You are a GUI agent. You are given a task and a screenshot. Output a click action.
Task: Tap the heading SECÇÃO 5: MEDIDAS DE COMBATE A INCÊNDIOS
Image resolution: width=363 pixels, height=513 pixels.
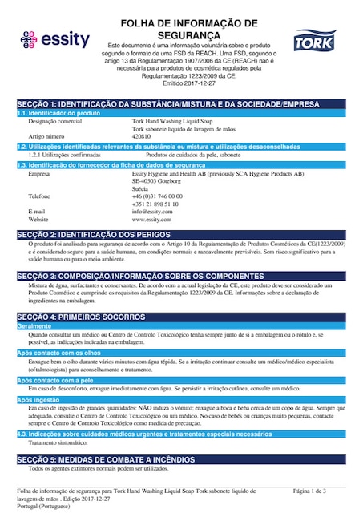point(111,459)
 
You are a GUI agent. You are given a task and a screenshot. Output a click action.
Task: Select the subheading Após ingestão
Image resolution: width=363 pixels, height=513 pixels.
point(38,399)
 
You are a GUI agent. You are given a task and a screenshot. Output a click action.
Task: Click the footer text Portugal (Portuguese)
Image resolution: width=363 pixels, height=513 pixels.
point(45,506)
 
